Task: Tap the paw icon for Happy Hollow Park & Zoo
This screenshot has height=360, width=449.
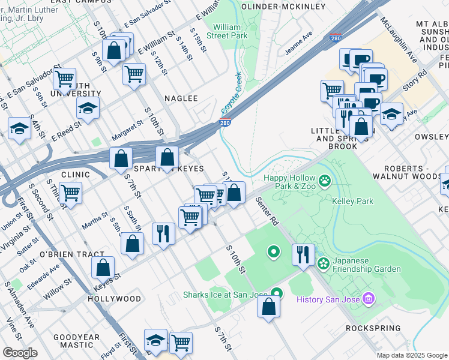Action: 325,179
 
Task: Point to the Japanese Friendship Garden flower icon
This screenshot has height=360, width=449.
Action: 324,263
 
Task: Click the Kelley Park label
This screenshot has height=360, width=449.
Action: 351,202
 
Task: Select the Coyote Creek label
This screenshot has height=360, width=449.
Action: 231,94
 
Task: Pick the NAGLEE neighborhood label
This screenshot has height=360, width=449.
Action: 182,98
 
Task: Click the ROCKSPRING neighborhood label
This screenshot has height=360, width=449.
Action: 373,328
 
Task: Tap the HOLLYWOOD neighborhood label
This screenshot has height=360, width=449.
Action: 114,298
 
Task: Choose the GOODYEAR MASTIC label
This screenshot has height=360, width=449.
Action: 76,342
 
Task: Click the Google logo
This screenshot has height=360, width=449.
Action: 20,353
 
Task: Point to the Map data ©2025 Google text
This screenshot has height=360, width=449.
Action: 412,355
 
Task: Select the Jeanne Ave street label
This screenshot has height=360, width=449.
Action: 298,43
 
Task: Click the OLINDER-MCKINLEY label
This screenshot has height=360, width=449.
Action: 283,7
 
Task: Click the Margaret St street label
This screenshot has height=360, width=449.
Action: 127,130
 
